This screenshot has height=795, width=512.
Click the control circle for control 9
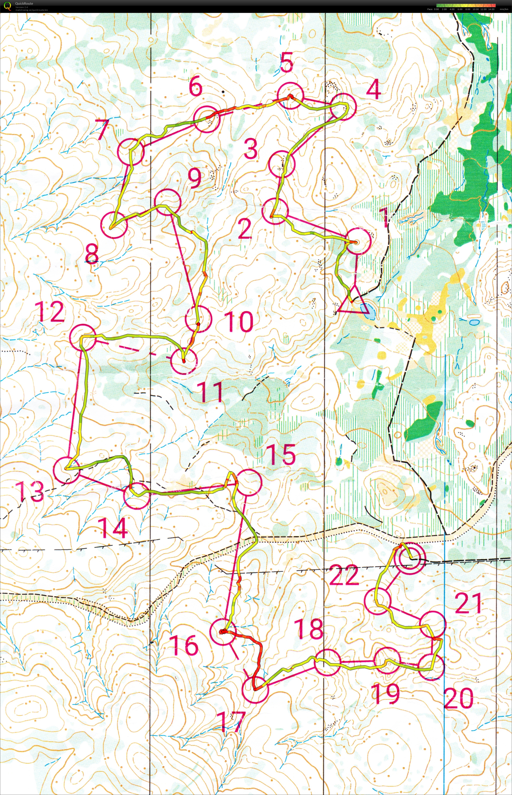tap(168, 202)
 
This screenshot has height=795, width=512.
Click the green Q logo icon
tap(7, 6)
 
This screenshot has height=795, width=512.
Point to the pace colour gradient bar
tap(466, 5)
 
